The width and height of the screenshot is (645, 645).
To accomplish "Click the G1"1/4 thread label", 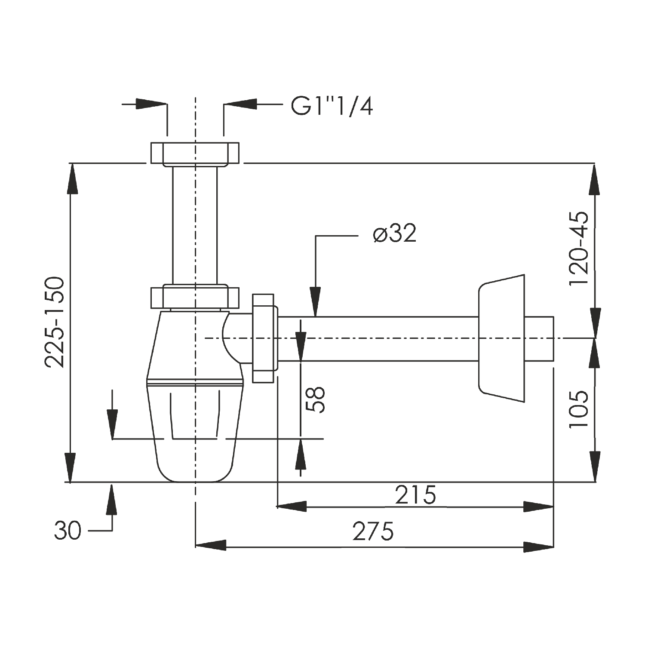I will pos(332,106).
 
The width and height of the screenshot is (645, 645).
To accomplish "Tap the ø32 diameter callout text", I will pos(395,234).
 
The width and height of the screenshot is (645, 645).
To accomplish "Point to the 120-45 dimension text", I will pos(578,248).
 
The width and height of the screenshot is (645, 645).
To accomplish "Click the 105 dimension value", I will pos(578,409).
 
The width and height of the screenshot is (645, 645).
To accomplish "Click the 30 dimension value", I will pos(68,531).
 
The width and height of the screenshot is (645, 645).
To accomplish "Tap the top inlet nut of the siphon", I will pos(194,153).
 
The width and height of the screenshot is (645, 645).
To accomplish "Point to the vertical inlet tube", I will pos(194,224).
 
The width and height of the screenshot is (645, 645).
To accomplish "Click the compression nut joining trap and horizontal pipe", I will pos(263,338).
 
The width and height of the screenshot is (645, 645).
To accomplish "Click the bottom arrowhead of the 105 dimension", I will pos(595,466).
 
